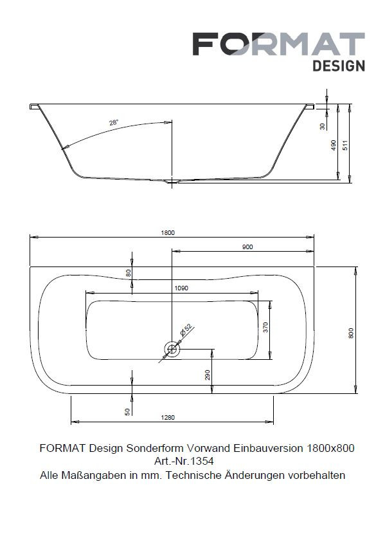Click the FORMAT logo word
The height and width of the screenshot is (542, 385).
(279, 44)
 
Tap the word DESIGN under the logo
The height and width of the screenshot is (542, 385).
(339, 66)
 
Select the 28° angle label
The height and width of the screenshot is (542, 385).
(114, 122)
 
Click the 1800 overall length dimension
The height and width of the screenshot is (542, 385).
(168, 232)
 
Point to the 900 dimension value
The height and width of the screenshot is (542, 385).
(247, 247)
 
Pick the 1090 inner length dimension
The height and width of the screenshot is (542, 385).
(181, 288)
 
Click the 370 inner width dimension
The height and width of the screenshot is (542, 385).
(265, 327)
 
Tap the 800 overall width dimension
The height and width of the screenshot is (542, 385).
(351, 333)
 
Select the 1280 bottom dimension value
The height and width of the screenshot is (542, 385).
(168, 417)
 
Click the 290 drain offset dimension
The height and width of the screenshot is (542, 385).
(207, 375)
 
